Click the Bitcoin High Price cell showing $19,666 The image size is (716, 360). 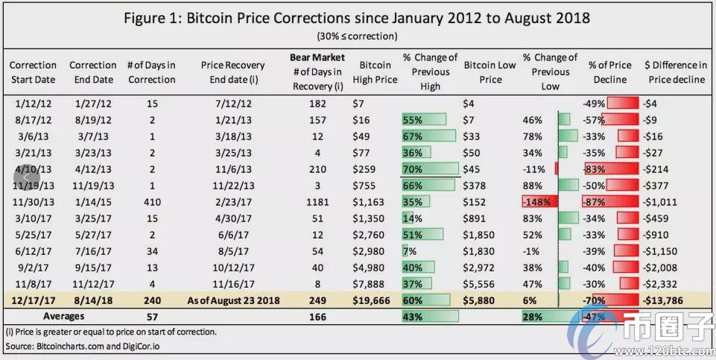[x=371, y=300]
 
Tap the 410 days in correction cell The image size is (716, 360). [x=152, y=202]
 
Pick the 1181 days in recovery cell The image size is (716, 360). [x=317, y=202]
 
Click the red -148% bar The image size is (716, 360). [x=539, y=201]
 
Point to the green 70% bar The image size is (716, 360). [x=430, y=168]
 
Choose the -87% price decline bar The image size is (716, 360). [x=610, y=201]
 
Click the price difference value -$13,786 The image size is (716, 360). [x=662, y=300]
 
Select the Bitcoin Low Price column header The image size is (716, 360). [x=490, y=72]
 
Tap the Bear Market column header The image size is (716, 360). [x=317, y=58]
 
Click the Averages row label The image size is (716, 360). [x=64, y=316]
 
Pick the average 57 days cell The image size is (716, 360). [x=152, y=317]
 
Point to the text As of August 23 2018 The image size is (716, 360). [x=233, y=300]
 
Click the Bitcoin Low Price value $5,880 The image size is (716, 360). [x=479, y=300]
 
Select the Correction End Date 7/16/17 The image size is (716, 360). [x=93, y=251]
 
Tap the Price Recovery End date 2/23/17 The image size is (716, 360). [x=233, y=202]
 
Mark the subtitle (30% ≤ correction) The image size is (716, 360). [x=357, y=36]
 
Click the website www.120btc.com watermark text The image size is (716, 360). [x=665, y=350]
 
